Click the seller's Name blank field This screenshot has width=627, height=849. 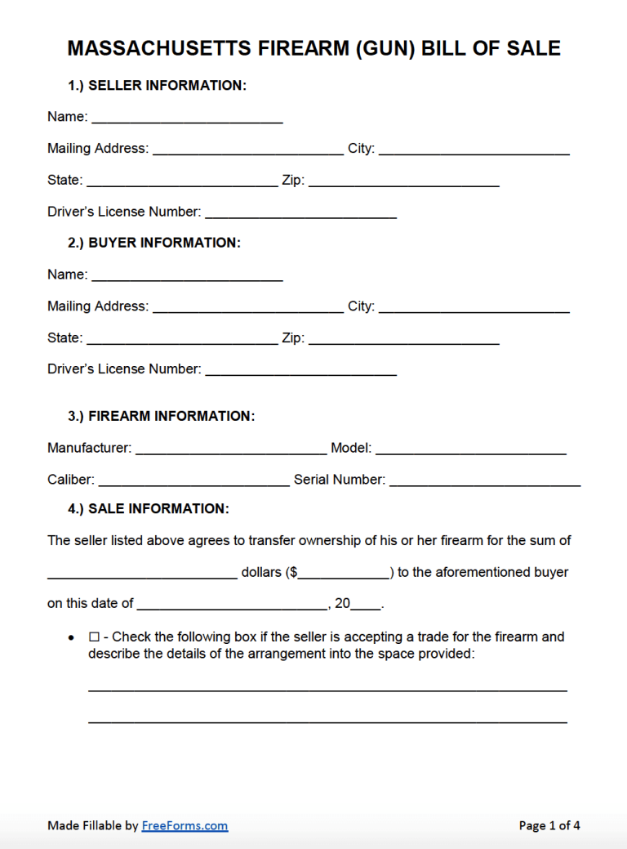tap(187, 118)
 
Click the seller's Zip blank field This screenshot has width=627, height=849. tap(403, 181)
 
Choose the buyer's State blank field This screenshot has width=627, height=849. tap(181, 339)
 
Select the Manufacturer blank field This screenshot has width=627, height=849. tap(230, 449)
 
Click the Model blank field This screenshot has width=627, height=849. tap(471, 449)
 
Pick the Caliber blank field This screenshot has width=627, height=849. tap(193, 481)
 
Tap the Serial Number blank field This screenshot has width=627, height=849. tap(485, 481)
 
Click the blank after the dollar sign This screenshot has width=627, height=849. tap(344, 574)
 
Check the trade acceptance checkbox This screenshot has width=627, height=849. tap(94, 637)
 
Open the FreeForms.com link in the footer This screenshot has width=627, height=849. tap(185, 826)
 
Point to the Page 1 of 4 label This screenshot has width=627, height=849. tap(549, 826)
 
